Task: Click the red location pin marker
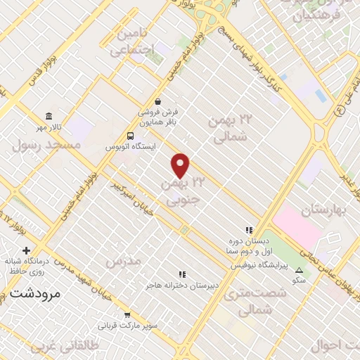pyautogui.click(x=181, y=165)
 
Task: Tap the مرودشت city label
pyautogui.click(x=34, y=292)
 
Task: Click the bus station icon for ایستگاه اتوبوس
pyautogui.click(x=130, y=136)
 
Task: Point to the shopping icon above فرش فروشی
pyautogui.click(x=157, y=101)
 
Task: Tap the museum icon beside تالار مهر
pyautogui.click(x=49, y=116)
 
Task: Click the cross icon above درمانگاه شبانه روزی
pyautogui.click(x=26, y=250)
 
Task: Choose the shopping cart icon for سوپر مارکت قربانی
pyautogui.click(x=127, y=314)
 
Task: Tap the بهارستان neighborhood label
pyautogui.click(x=326, y=210)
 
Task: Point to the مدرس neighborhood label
pyautogui.click(x=123, y=261)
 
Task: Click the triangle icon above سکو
pyautogui.click(x=299, y=270)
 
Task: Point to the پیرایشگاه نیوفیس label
pyautogui.click(x=257, y=266)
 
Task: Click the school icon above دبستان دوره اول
pyautogui.click(x=247, y=230)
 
